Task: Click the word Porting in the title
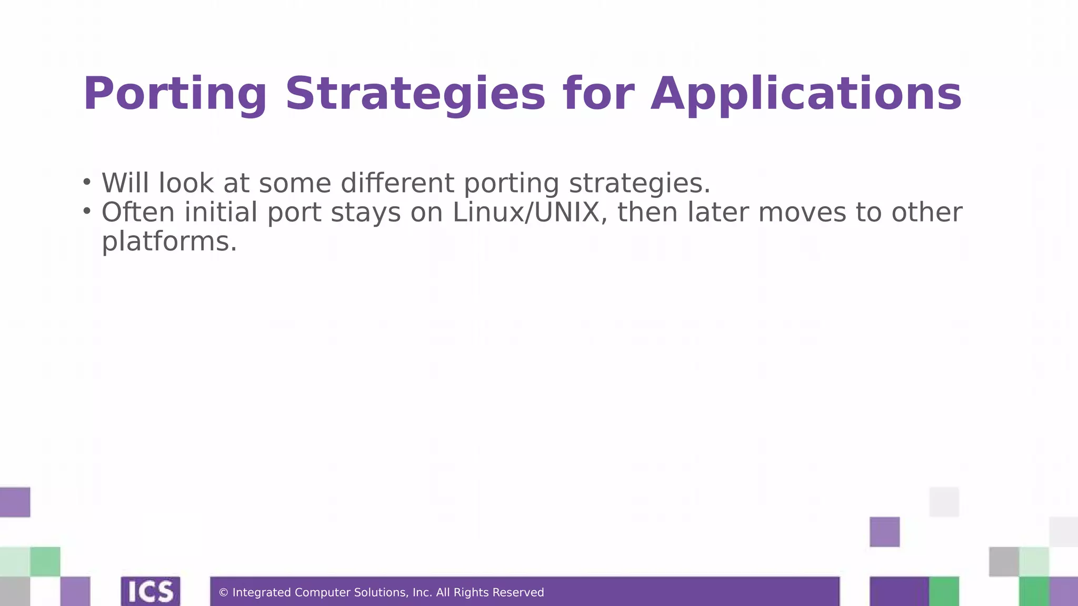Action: (x=175, y=94)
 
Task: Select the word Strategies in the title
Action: (x=415, y=94)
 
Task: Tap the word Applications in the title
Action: (x=806, y=94)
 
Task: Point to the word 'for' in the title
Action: (x=598, y=94)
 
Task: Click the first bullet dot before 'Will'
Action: (x=87, y=182)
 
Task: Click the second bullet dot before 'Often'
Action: (x=87, y=211)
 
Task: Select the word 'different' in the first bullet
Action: (x=397, y=183)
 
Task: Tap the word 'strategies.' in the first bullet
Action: (x=640, y=183)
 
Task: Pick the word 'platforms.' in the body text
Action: (x=169, y=241)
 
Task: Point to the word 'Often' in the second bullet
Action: (x=137, y=213)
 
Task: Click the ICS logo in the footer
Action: (x=151, y=591)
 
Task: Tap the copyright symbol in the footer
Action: (x=223, y=593)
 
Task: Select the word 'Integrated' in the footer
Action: (x=261, y=593)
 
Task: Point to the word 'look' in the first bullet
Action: (x=186, y=183)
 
